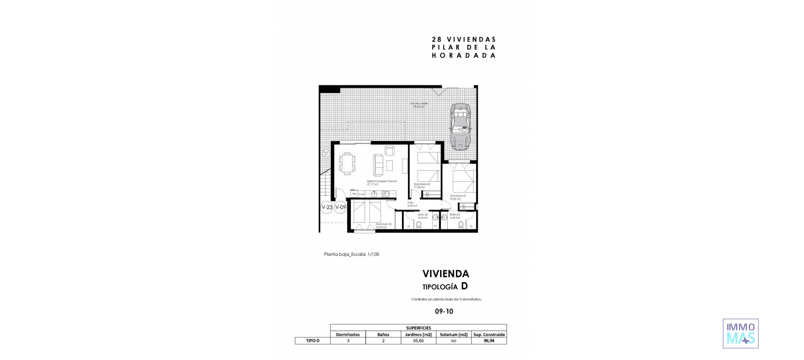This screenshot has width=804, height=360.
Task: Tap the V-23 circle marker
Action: [327, 207]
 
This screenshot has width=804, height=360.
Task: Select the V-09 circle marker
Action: [340, 207]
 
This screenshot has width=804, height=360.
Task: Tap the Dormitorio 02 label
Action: [422, 185]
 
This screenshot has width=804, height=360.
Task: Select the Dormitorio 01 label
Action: [458, 197]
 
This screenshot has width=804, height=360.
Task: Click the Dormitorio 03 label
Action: [384, 226]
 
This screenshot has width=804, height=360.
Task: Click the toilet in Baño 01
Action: [461, 225]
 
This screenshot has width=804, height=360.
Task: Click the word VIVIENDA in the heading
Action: [446, 274]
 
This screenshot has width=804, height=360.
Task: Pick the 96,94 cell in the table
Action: [489, 341]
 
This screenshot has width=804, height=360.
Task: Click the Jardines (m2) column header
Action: [418, 334]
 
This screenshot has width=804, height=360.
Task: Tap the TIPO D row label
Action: [312, 341]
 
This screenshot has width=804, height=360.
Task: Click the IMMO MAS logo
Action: [740, 334]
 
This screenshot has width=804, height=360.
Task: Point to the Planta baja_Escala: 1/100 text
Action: [351, 254]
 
